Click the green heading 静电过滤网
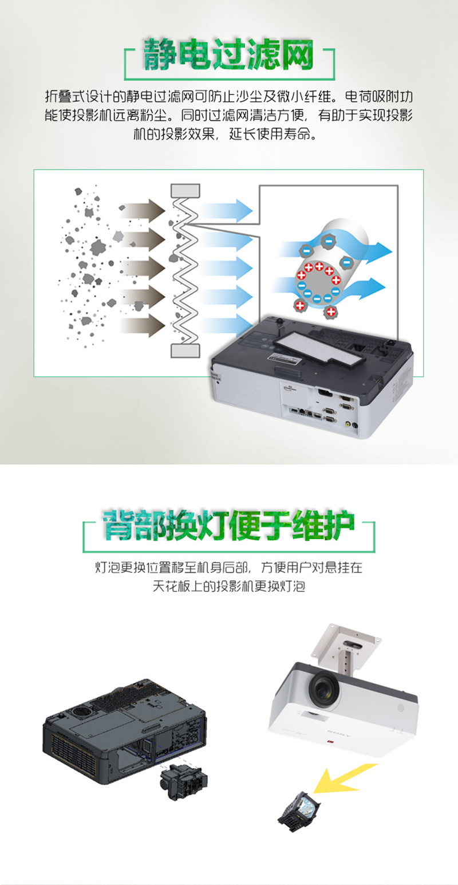pyautogui.click(x=228, y=54)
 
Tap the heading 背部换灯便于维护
pyautogui.click(x=229, y=525)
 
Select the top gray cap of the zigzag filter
pyautogui.click(x=185, y=190)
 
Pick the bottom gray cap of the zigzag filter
pyautogui.click(x=185, y=351)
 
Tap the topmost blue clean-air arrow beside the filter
pyautogui.click(x=227, y=210)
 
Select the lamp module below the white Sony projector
pyautogui.click(x=299, y=810)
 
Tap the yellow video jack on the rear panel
pyautogui.click(x=347, y=424)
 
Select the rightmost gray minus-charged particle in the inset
pyautogui.click(x=347, y=262)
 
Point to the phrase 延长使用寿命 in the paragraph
pyautogui.click(x=269, y=135)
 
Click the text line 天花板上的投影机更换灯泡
pyautogui.click(x=229, y=586)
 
